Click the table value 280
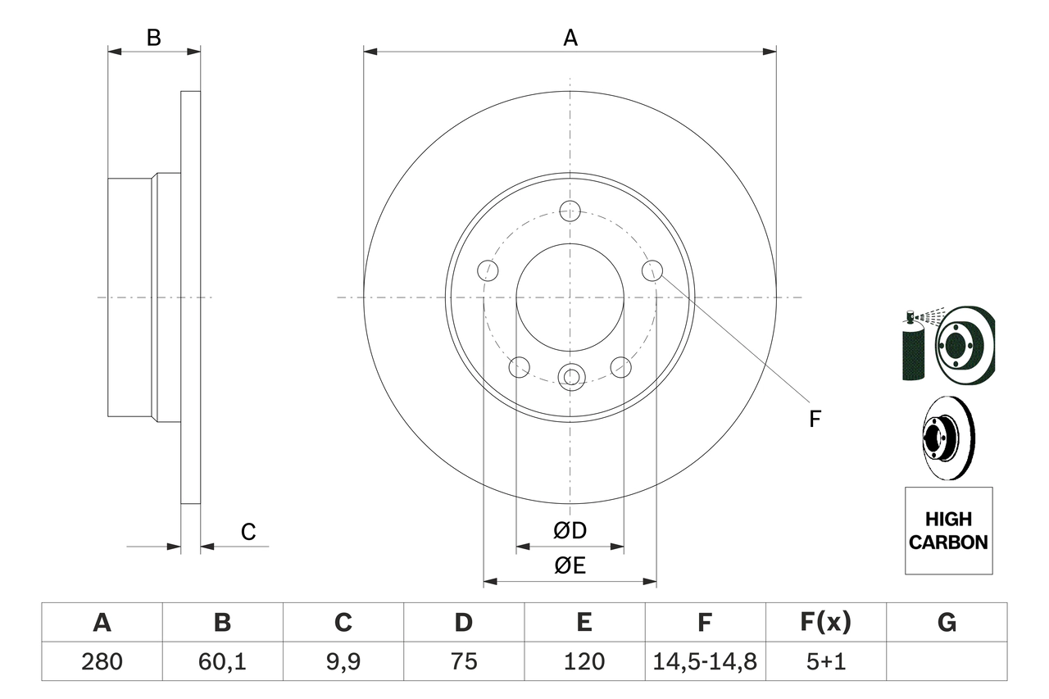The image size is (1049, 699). (x=102, y=661)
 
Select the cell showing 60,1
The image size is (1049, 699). (x=222, y=661)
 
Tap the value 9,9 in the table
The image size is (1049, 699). (x=343, y=661)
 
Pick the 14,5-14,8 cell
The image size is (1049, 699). (x=705, y=661)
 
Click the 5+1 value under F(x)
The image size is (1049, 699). (x=825, y=661)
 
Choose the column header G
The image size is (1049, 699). (x=947, y=623)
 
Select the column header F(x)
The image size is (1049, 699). (x=825, y=623)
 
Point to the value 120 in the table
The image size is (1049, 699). (x=584, y=661)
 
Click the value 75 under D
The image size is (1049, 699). (x=463, y=661)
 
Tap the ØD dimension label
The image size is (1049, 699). (x=570, y=531)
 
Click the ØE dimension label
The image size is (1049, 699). (x=570, y=566)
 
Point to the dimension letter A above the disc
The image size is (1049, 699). (x=570, y=37)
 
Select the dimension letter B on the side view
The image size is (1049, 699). (x=153, y=37)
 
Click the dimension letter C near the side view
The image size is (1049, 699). (x=248, y=532)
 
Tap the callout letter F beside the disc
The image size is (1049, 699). (x=814, y=420)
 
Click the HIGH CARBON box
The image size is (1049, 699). (x=948, y=530)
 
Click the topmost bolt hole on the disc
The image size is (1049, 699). (x=570, y=211)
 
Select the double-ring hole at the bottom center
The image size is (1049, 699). (x=570, y=377)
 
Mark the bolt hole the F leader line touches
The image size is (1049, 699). (x=652, y=270)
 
